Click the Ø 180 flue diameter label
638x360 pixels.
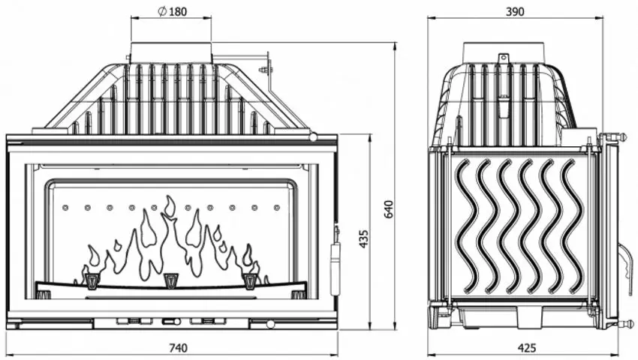tap(171, 11)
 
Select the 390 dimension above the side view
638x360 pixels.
tap(515, 11)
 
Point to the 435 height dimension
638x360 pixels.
tap(364, 238)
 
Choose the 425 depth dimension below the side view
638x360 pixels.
tap(527, 347)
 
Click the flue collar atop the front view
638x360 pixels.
tap(171, 52)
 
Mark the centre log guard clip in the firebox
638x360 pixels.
tap(171, 280)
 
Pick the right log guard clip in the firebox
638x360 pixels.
tap(249, 280)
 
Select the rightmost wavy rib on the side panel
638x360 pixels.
tap(573, 225)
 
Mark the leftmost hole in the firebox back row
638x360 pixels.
tap(65, 207)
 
